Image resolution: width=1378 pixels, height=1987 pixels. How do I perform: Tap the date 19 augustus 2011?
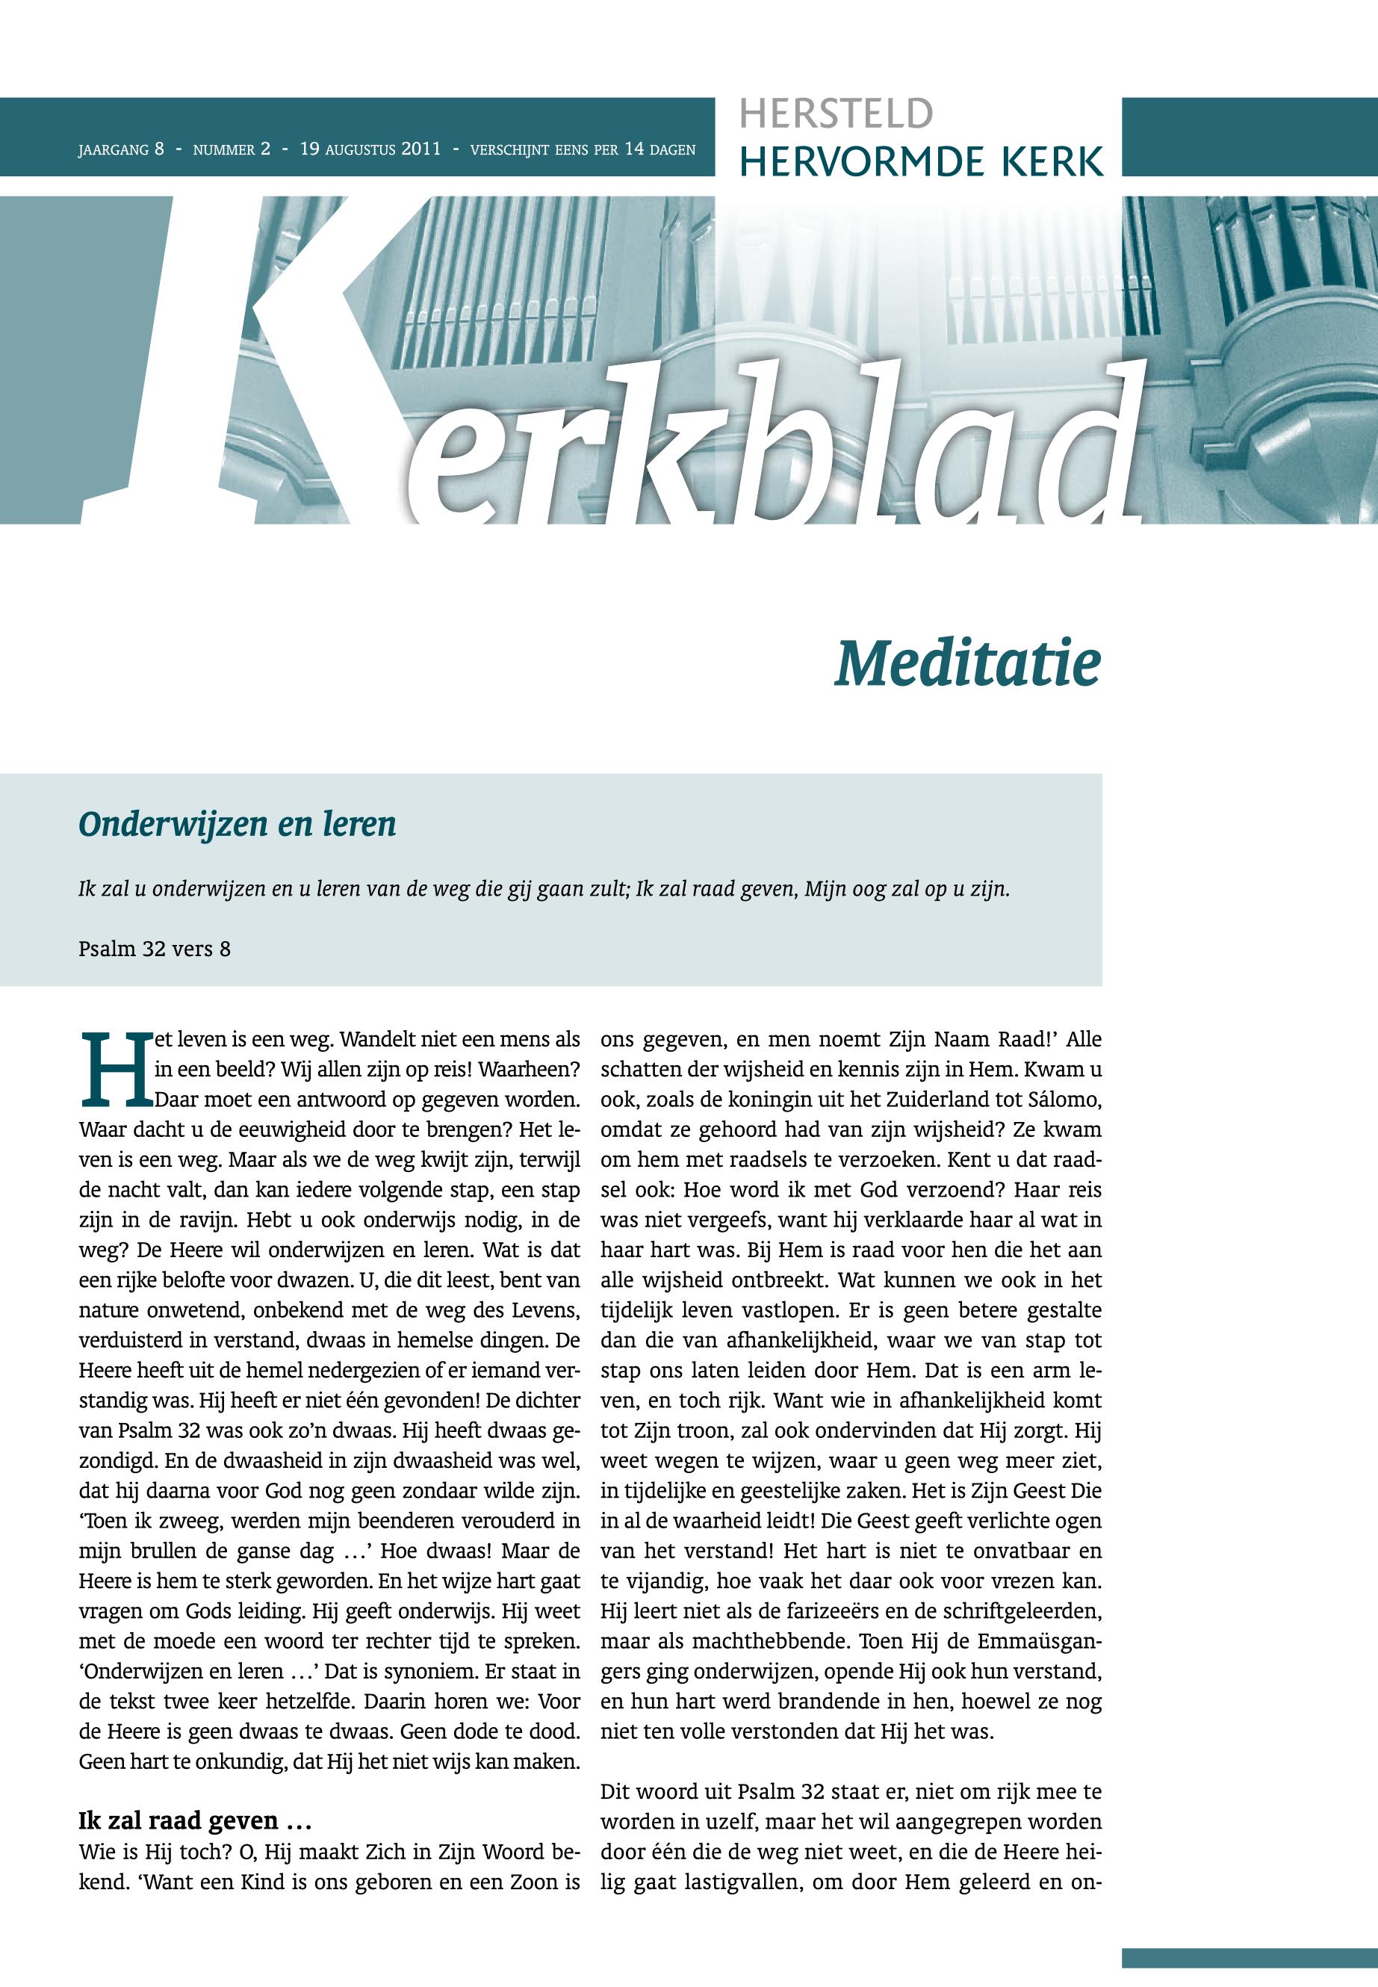point(370,149)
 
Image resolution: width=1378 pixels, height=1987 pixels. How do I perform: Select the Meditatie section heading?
point(967,664)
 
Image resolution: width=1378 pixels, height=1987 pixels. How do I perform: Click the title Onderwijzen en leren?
point(237,824)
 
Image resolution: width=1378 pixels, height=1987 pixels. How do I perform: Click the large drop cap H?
point(115,1070)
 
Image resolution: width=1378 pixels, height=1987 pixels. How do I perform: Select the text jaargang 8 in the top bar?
point(121,149)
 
